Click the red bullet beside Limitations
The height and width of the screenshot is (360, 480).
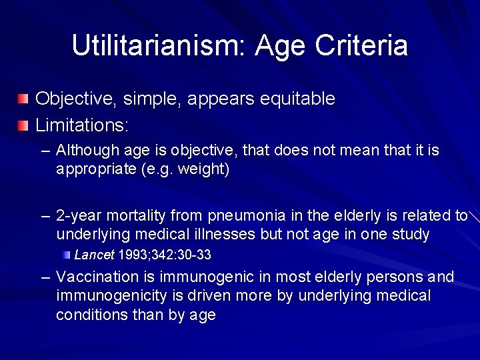(23, 125)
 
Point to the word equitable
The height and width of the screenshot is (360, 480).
(297, 99)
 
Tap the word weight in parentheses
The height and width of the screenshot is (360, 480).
(207, 169)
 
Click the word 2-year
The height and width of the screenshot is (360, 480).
(79, 216)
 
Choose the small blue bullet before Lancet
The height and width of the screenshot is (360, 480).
(67, 255)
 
